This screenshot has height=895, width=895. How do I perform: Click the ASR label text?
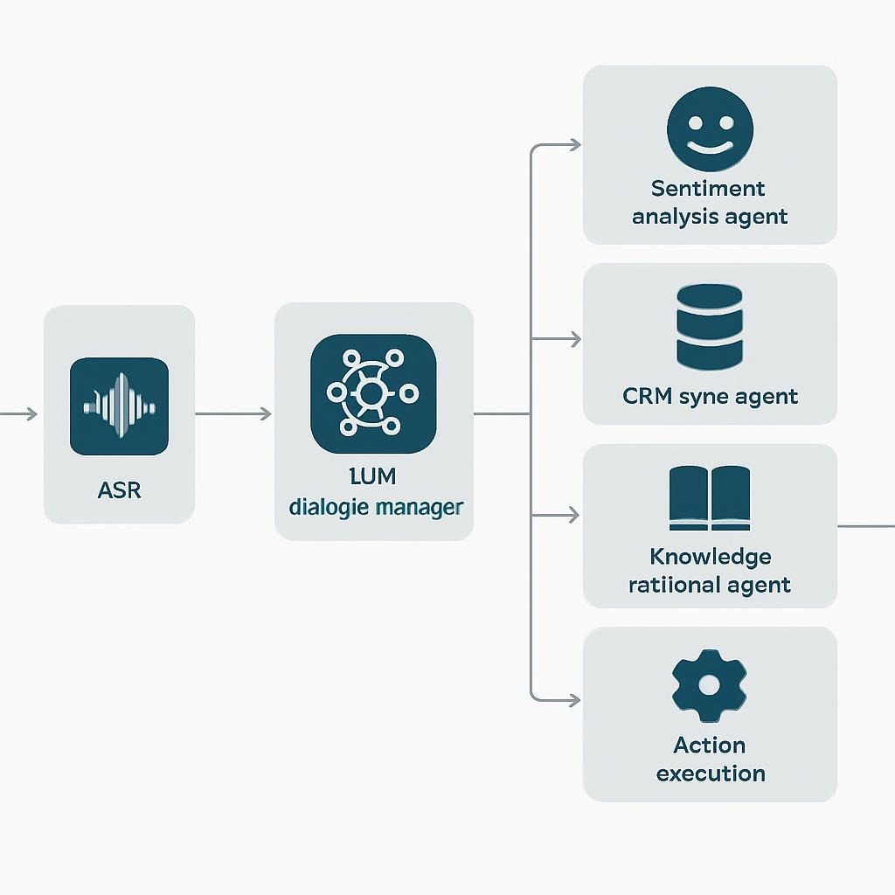[119, 489]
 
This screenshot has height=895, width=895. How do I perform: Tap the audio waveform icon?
[119, 406]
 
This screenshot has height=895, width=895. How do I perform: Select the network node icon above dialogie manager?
[373, 393]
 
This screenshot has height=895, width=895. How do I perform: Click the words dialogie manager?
[375, 506]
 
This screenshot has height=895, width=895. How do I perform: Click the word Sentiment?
[709, 188]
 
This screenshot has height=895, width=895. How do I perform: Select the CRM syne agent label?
[710, 396]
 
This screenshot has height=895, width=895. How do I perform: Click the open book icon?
[709, 499]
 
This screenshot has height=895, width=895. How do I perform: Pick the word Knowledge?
[710, 557]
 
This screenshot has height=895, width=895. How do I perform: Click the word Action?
[710, 746]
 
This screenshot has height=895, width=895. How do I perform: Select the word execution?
[710, 774]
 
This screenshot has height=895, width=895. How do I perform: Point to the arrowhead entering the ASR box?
[32, 413]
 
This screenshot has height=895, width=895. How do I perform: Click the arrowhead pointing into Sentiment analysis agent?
[574, 145]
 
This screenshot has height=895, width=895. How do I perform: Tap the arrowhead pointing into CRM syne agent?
[574, 339]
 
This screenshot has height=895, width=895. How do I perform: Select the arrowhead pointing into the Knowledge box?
[574, 516]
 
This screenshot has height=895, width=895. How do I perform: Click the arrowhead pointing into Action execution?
[574, 699]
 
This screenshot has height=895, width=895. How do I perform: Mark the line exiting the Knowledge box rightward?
[865, 526]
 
